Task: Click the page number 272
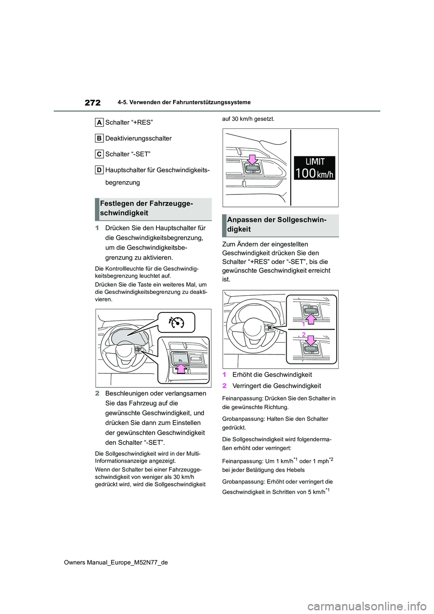click(92, 103)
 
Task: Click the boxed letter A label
click(99, 122)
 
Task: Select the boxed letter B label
click(99, 138)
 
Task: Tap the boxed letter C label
click(99, 154)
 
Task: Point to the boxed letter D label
click(99, 170)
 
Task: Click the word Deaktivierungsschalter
click(138, 138)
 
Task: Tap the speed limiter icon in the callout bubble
click(176, 322)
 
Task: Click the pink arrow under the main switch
click(181, 368)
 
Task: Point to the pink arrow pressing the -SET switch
click(252, 160)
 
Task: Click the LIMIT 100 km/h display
click(315, 168)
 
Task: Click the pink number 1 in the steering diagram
click(304, 324)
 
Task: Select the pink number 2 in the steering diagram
click(304, 334)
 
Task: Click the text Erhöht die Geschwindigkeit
click(272, 375)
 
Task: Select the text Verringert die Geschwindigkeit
click(276, 386)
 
